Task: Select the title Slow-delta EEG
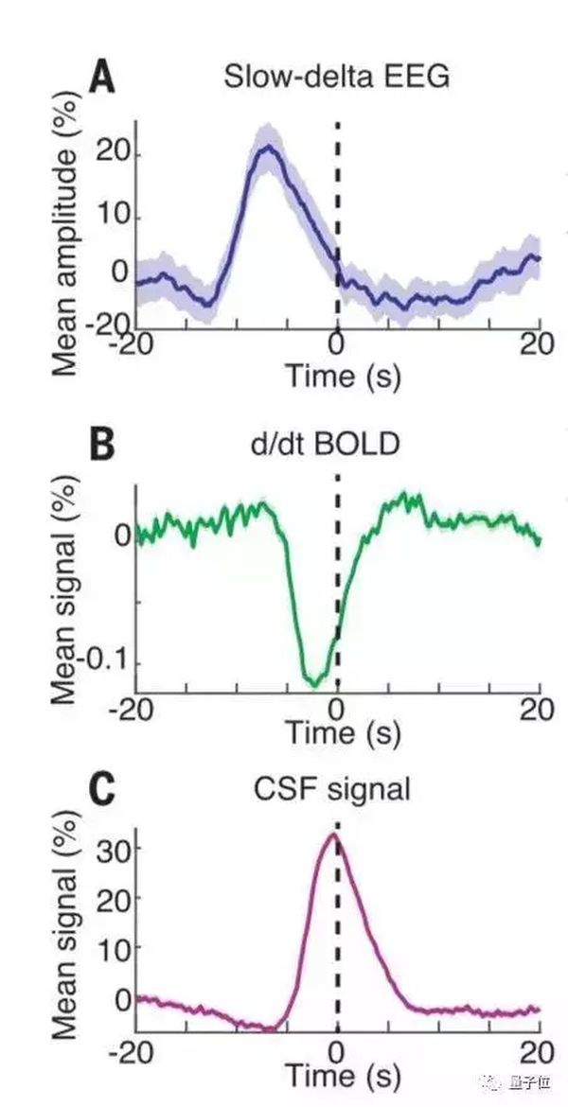click(x=336, y=79)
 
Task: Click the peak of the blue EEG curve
click(x=269, y=147)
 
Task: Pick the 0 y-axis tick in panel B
click(x=121, y=536)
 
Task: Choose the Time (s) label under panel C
click(x=342, y=1075)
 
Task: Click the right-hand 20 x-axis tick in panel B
click(x=539, y=710)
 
